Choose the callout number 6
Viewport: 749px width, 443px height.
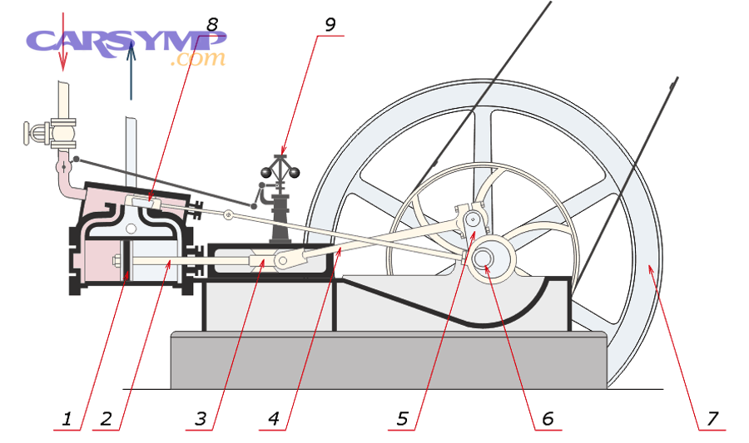[547, 419]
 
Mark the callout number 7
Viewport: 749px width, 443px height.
[712, 419]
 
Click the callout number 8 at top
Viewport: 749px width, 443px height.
[212, 24]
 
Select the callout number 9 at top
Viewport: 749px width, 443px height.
[330, 24]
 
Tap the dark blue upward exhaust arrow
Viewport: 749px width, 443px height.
[131, 71]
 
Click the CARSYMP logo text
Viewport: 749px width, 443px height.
[125, 41]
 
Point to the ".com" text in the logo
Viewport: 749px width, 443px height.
[197, 59]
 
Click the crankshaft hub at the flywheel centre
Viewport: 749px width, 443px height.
[485, 257]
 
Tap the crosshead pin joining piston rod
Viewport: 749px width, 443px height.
[283, 261]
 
